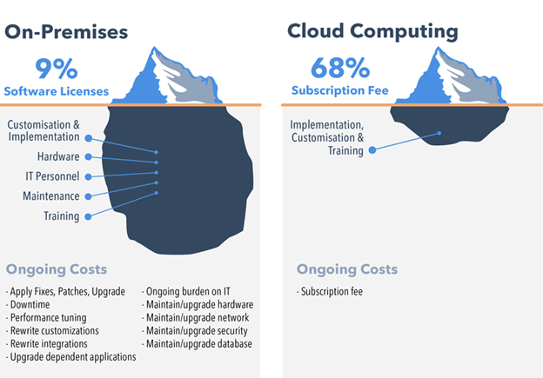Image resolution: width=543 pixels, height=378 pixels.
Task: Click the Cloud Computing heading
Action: (x=372, y=32)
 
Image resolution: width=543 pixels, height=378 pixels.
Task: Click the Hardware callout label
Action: (x=58, y=157)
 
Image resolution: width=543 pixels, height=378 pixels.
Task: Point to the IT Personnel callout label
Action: (x=51, y=176)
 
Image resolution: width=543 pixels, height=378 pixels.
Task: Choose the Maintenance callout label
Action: (x=51, y=196)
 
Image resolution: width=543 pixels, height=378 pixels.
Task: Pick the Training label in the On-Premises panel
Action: (x=61, y=216)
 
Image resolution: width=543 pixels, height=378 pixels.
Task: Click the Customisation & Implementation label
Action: (x=44, y=130)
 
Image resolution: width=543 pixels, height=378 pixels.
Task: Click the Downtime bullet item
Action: (x=31, y=305)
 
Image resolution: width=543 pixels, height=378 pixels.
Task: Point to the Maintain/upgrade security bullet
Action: (x=198, y=331)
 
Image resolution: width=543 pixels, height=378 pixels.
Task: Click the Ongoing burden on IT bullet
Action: (x=190, y=292)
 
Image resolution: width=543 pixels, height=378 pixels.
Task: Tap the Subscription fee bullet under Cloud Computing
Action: (x=330, y=292)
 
